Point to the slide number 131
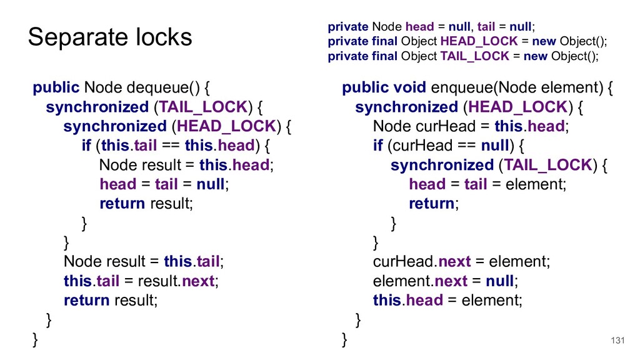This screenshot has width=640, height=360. pyautogui.click(x=617, y=340)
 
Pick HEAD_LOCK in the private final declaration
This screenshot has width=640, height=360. pyautogui.click(x=479, y=41)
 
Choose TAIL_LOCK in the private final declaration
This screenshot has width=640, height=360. pyautogui.click(x=474, y=56)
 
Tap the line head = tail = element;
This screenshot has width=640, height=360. pyautogui.click(x=487, y=184)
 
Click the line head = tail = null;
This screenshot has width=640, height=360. pyautogui.click(x=164, y=184)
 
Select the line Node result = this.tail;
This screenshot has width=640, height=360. pyautogui.click(x=143, y=261)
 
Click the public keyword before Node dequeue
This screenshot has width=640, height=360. pyautogui.click(x=56, y=87)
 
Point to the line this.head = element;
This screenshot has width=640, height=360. pyautogui.click(x=447, y=300)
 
